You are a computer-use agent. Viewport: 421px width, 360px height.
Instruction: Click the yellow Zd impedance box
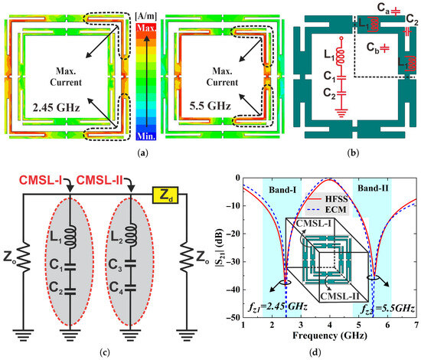coord(165,195)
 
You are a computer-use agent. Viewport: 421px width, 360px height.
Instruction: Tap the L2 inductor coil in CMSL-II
coord(131,235)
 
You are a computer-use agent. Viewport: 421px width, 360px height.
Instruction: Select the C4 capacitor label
coord(116,287)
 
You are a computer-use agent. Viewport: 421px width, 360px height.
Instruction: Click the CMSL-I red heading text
coord(41,180)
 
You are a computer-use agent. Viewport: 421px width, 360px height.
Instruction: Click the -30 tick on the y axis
coord(233,262)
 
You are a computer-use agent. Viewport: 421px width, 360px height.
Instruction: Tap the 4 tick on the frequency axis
coord(330,325)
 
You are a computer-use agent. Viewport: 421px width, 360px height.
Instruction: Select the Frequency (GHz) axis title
coord(330,335)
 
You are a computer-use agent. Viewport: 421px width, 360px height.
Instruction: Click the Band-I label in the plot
coord(282,190)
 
